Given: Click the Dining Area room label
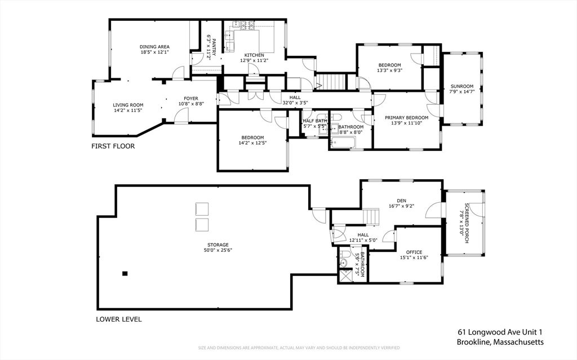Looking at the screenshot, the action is click(x=154, y=47).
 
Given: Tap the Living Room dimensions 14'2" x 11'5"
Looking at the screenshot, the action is click(x=128, y=110).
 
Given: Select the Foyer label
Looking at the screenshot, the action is click(x=191, y=98).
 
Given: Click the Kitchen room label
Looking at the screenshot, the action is click(x=254, y=55).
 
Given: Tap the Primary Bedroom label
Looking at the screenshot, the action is click(x=407, y=118).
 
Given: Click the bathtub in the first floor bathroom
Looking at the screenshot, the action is click(x=343, y=143).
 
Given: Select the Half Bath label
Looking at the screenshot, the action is click(x=314, y=121).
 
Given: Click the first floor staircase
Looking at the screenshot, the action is click(x=331, y=81).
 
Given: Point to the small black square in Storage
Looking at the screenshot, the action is click(x=125, y=273).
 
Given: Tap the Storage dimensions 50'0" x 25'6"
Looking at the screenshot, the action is click(x=218, y=250).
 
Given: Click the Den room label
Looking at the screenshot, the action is click(x=401, y=201).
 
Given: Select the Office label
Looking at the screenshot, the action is click(x=414, y=252).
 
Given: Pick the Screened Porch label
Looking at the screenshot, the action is click(x=467, y=223).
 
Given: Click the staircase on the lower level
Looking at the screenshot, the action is click(x=371, y=216).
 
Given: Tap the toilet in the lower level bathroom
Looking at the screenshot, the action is click(x=345, y=254).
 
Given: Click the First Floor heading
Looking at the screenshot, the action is click(x=113, y=146).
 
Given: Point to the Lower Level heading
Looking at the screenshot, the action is click(x=119, y=319).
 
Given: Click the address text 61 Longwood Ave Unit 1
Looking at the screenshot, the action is click(x=500, y=332).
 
